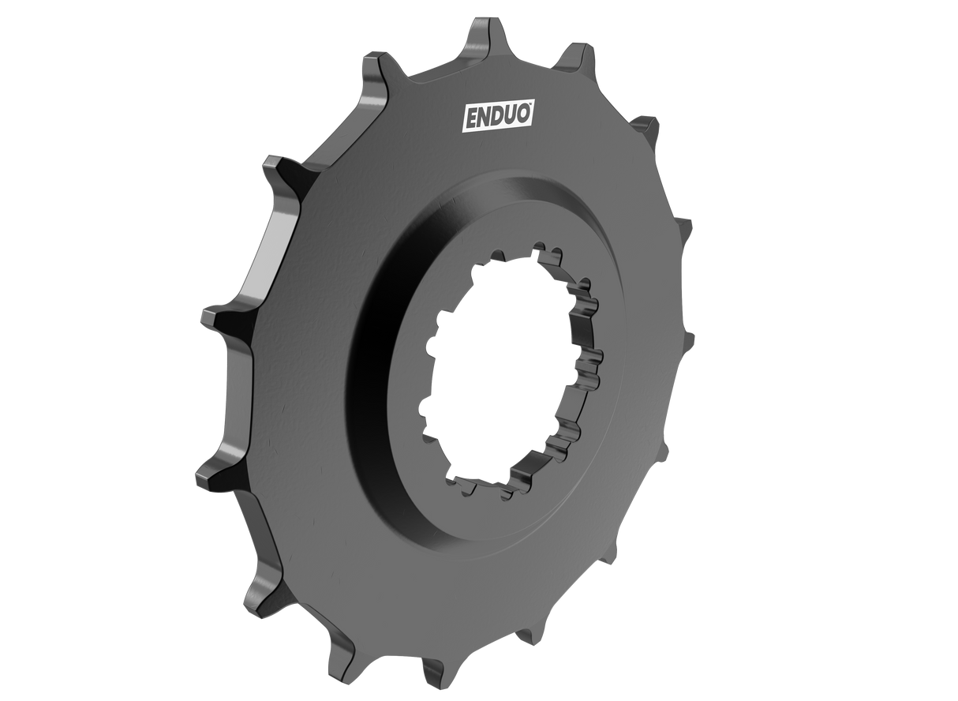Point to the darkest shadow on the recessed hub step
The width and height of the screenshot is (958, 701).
379,332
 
